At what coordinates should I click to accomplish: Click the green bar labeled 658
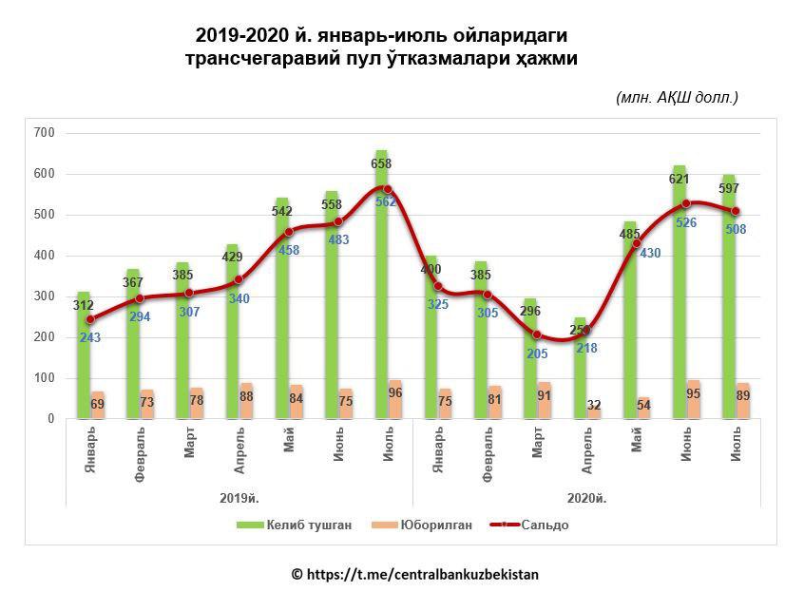tap(381, 284)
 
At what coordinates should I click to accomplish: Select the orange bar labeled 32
tap(594, 412)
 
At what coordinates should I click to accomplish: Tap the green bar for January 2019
tap(84, 355)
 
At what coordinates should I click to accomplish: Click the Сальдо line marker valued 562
tap(388, 190)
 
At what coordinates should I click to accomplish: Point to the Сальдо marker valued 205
tap(537, 334)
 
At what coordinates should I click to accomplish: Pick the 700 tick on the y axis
tap(44, 133)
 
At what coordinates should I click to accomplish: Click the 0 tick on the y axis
tap(50, 419)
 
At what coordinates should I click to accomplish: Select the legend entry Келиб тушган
tap(294, 525)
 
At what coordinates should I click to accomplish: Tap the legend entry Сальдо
tap(529, 525)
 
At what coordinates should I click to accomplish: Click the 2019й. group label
tap(239, 498)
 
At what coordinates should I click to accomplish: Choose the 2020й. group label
tap(586, 498)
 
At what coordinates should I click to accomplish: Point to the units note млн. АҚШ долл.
tap(677, 97)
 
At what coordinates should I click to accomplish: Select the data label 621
tap(679, 179)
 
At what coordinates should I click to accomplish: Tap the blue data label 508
tap(736, 229)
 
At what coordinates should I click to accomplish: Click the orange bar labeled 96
tap(394, 399)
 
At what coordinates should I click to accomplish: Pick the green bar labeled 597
tap(729, 296)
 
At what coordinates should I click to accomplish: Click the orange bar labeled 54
tap(643, 408)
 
